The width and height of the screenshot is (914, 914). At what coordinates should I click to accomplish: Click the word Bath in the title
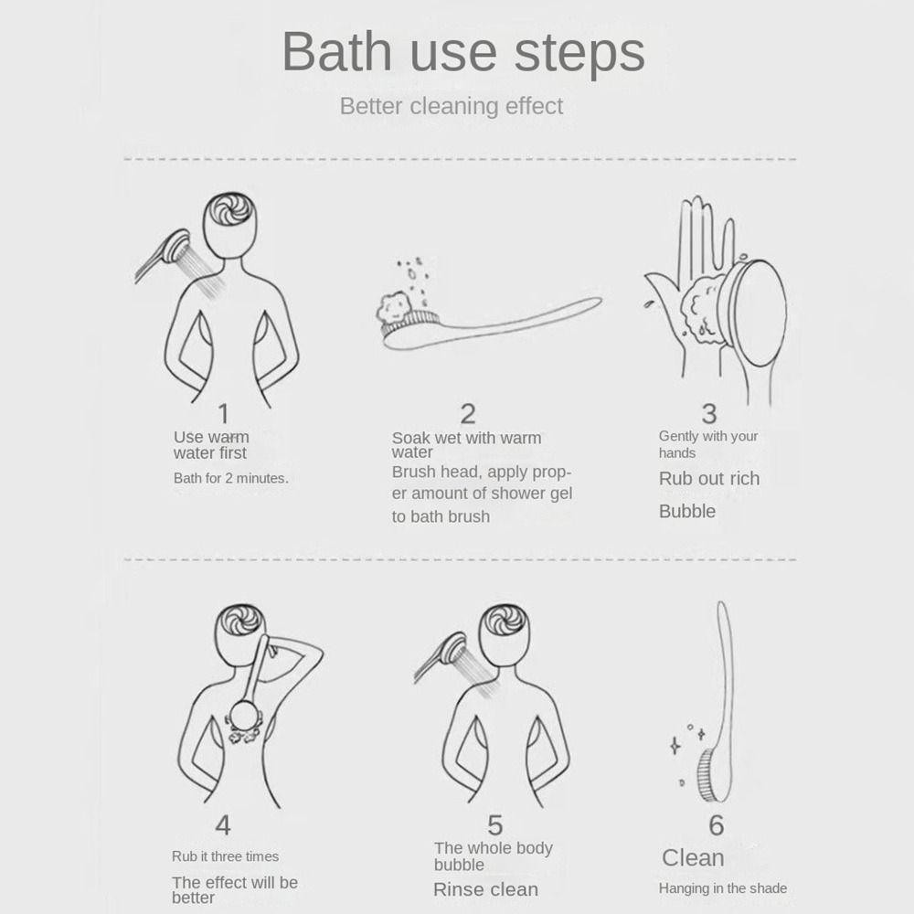coord(337,52)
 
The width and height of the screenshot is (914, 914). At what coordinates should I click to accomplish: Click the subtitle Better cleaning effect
coord(452,106)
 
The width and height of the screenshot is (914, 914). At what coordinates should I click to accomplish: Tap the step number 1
coord(223,414)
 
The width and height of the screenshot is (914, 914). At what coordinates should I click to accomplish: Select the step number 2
coord(468,414)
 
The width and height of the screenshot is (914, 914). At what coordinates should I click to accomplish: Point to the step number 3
coord(709,414)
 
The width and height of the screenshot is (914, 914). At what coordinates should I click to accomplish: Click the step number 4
coord(223,825)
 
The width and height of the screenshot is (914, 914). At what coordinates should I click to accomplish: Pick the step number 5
coord(494,825)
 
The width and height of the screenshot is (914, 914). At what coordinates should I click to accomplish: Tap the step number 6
coord(717,825)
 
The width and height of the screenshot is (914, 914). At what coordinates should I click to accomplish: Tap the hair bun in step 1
coord(229,209)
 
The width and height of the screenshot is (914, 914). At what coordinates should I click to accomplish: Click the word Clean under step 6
coord(693,858)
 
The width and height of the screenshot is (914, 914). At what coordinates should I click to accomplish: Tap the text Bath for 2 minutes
coord(231,479)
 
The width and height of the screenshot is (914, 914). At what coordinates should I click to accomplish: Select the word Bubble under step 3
coord(687,511)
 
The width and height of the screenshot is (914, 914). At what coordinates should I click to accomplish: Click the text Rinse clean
coord(485,889)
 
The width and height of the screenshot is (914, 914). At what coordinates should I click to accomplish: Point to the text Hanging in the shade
coord(723,888)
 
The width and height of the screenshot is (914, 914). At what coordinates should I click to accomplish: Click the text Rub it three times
coord(225,856)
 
